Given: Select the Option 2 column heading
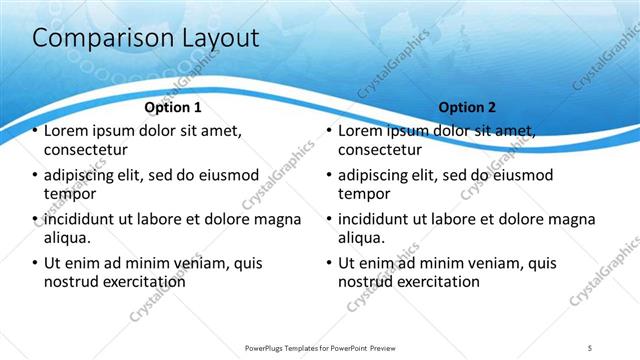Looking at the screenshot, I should click(467, 107).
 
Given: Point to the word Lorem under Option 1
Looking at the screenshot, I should click(66, 131).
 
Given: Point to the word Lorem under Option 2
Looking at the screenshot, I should click(360, 131).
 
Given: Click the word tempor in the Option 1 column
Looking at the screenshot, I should click(69, 194).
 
